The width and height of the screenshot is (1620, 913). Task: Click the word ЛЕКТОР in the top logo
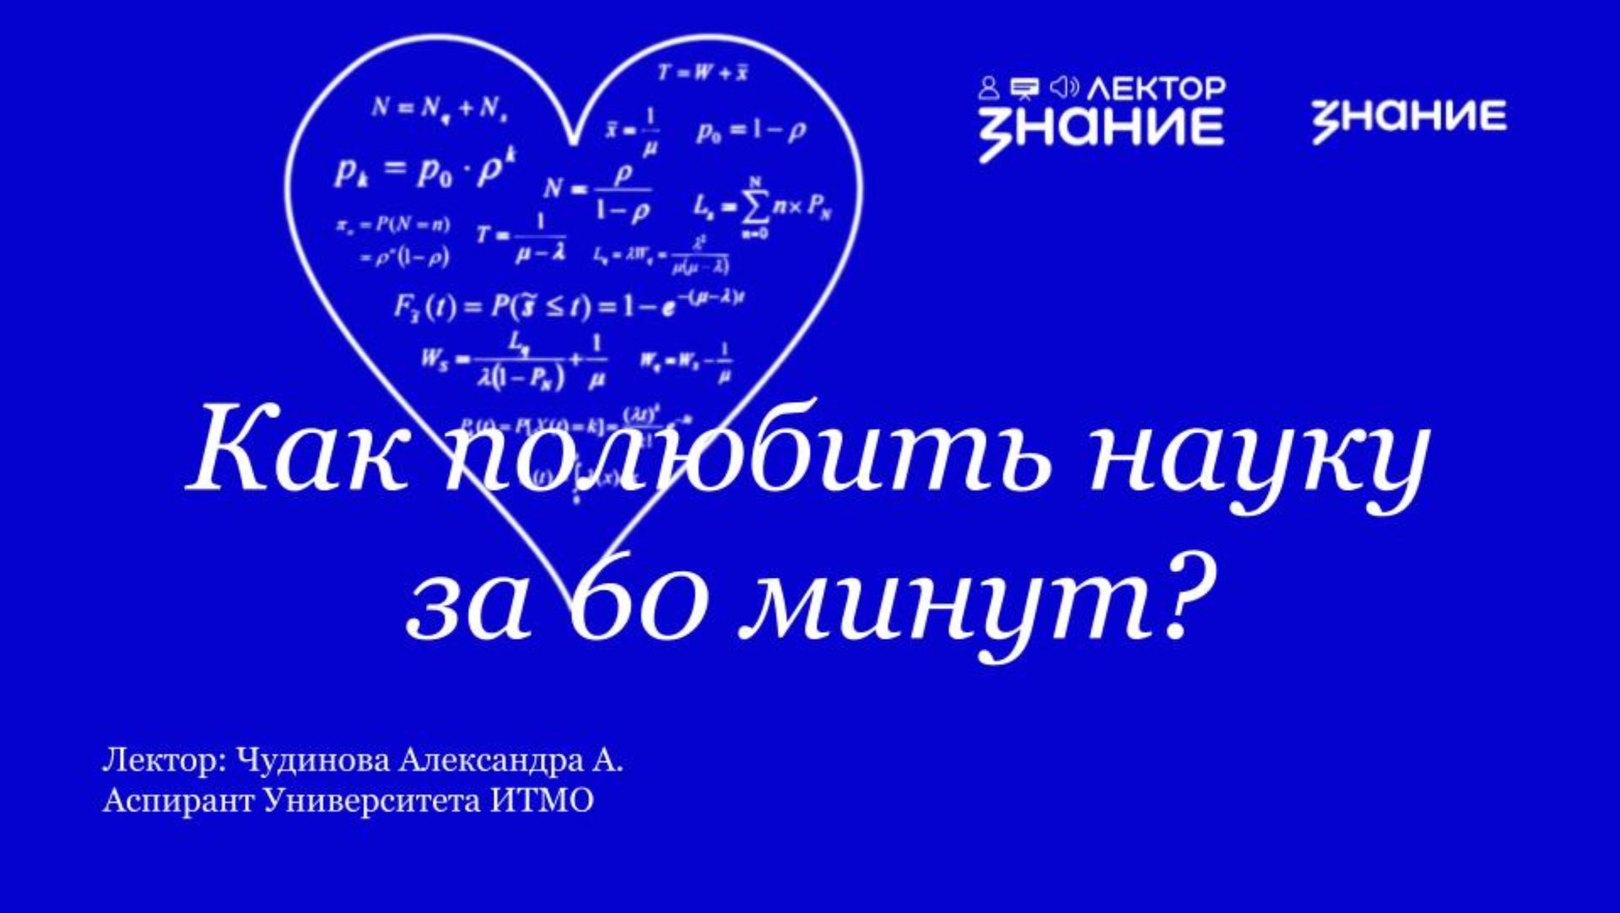click(x=1156, y=88)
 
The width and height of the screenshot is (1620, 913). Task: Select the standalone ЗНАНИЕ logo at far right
click(x=1408, y=118)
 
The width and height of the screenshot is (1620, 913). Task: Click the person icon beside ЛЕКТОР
click(x=989, y=87)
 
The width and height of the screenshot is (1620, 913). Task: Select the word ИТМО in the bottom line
click(x=542, y=800)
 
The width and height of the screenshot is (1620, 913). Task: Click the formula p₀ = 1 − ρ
click(x=750, y=132)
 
